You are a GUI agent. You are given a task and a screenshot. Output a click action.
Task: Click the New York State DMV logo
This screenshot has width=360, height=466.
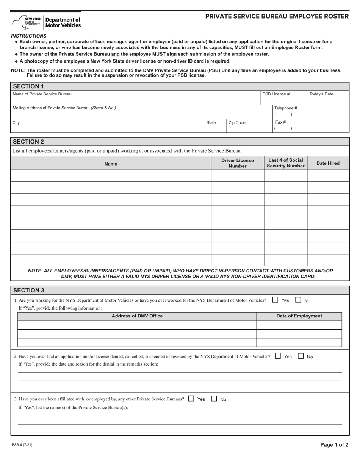coord(46,22)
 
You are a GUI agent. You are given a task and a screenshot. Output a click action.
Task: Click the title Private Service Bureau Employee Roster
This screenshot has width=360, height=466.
coord(277,16)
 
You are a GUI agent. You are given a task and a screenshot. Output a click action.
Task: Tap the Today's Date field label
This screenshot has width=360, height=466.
coord(321,94)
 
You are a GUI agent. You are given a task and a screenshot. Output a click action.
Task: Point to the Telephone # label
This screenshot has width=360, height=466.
coord(285,108)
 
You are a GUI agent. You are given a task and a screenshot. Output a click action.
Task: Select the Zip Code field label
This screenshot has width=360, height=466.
coord(237,123)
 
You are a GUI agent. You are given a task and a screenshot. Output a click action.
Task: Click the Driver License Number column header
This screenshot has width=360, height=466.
coord(237,163)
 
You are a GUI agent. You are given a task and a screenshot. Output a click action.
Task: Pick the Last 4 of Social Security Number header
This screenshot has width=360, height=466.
coord(285,163)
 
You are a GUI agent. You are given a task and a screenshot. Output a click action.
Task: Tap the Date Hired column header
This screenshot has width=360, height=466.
coord(328,163)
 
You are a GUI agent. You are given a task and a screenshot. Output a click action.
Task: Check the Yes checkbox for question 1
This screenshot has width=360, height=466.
coord(275,300)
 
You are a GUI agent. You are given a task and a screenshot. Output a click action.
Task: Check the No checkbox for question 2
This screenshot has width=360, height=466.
coord(301,356)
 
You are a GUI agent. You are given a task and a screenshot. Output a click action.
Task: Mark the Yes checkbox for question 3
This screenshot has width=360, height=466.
coord(191,399)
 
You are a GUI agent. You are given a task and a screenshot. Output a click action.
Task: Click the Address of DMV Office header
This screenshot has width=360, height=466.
coord(137,316)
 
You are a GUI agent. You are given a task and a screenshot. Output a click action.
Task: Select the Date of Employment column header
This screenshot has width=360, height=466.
coord(299,316)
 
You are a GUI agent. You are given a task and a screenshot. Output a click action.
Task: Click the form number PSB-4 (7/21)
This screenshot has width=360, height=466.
coord(22,445)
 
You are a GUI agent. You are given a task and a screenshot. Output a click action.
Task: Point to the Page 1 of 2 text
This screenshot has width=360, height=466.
coord(334,445)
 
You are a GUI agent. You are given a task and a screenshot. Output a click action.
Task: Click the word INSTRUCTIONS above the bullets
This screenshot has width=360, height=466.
coord(28,36)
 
